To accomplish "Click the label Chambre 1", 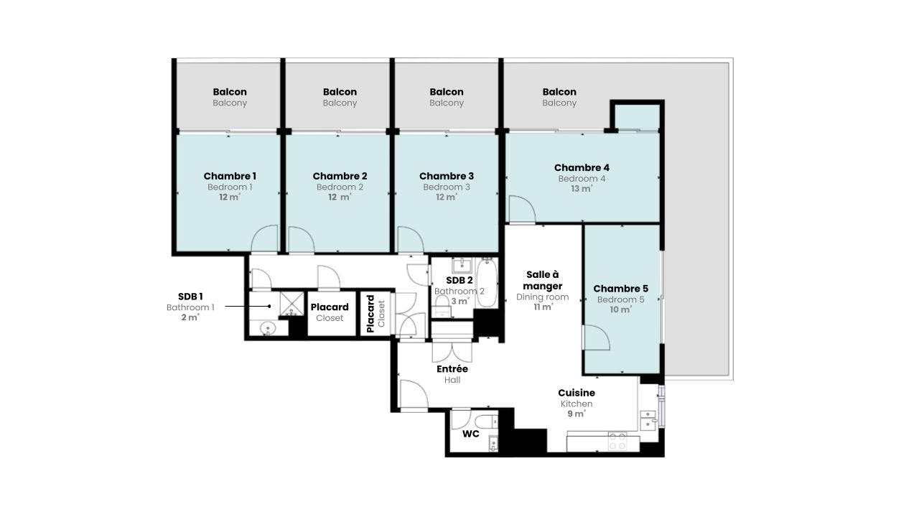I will click(230, 176).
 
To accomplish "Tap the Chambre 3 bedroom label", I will click(447, 176).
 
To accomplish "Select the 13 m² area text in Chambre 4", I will click(582, 189).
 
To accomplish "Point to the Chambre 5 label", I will click(620, 289).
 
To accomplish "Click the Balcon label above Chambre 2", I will click(340, 92).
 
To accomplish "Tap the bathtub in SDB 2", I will click(487, 283).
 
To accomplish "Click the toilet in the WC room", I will click(486, 421).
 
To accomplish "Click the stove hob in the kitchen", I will click(617, 441).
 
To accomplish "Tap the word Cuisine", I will click(577, 393).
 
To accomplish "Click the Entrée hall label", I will click(452, 369).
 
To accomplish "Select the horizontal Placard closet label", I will click(330, 307).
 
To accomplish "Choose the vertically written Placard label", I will click(371, 314).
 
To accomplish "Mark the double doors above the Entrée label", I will click(452, 351).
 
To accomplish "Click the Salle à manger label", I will click(542, 280).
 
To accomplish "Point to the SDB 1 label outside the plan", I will click(190, 296).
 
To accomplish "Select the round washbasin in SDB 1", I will click(267, 328).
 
